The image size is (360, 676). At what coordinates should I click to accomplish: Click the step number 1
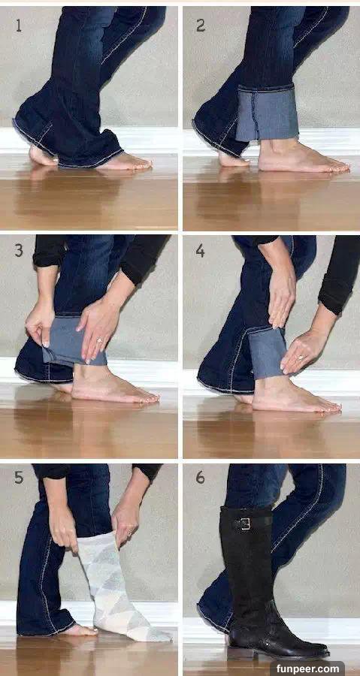point(19,26)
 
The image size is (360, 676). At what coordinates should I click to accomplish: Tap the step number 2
point(201,26)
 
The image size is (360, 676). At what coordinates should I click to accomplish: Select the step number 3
point(19,250)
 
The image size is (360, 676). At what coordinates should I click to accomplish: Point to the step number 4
point(201,250)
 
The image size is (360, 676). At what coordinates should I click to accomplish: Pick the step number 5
point(19,478)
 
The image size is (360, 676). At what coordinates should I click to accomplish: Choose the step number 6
point(201,478)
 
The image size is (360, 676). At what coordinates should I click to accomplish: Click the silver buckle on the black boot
point(245,524)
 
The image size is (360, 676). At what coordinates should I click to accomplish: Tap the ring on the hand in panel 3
point(99,340)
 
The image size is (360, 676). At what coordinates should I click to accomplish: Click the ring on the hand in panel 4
point(300,357)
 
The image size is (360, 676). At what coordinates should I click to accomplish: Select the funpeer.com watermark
point(307,669)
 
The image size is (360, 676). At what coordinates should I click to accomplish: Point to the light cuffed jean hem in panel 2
point(268,113)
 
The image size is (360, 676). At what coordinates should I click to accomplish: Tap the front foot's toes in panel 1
point(138,164)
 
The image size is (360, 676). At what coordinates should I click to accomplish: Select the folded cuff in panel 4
point(267,352)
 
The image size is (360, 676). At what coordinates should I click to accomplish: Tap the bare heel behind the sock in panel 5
point(82,630)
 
